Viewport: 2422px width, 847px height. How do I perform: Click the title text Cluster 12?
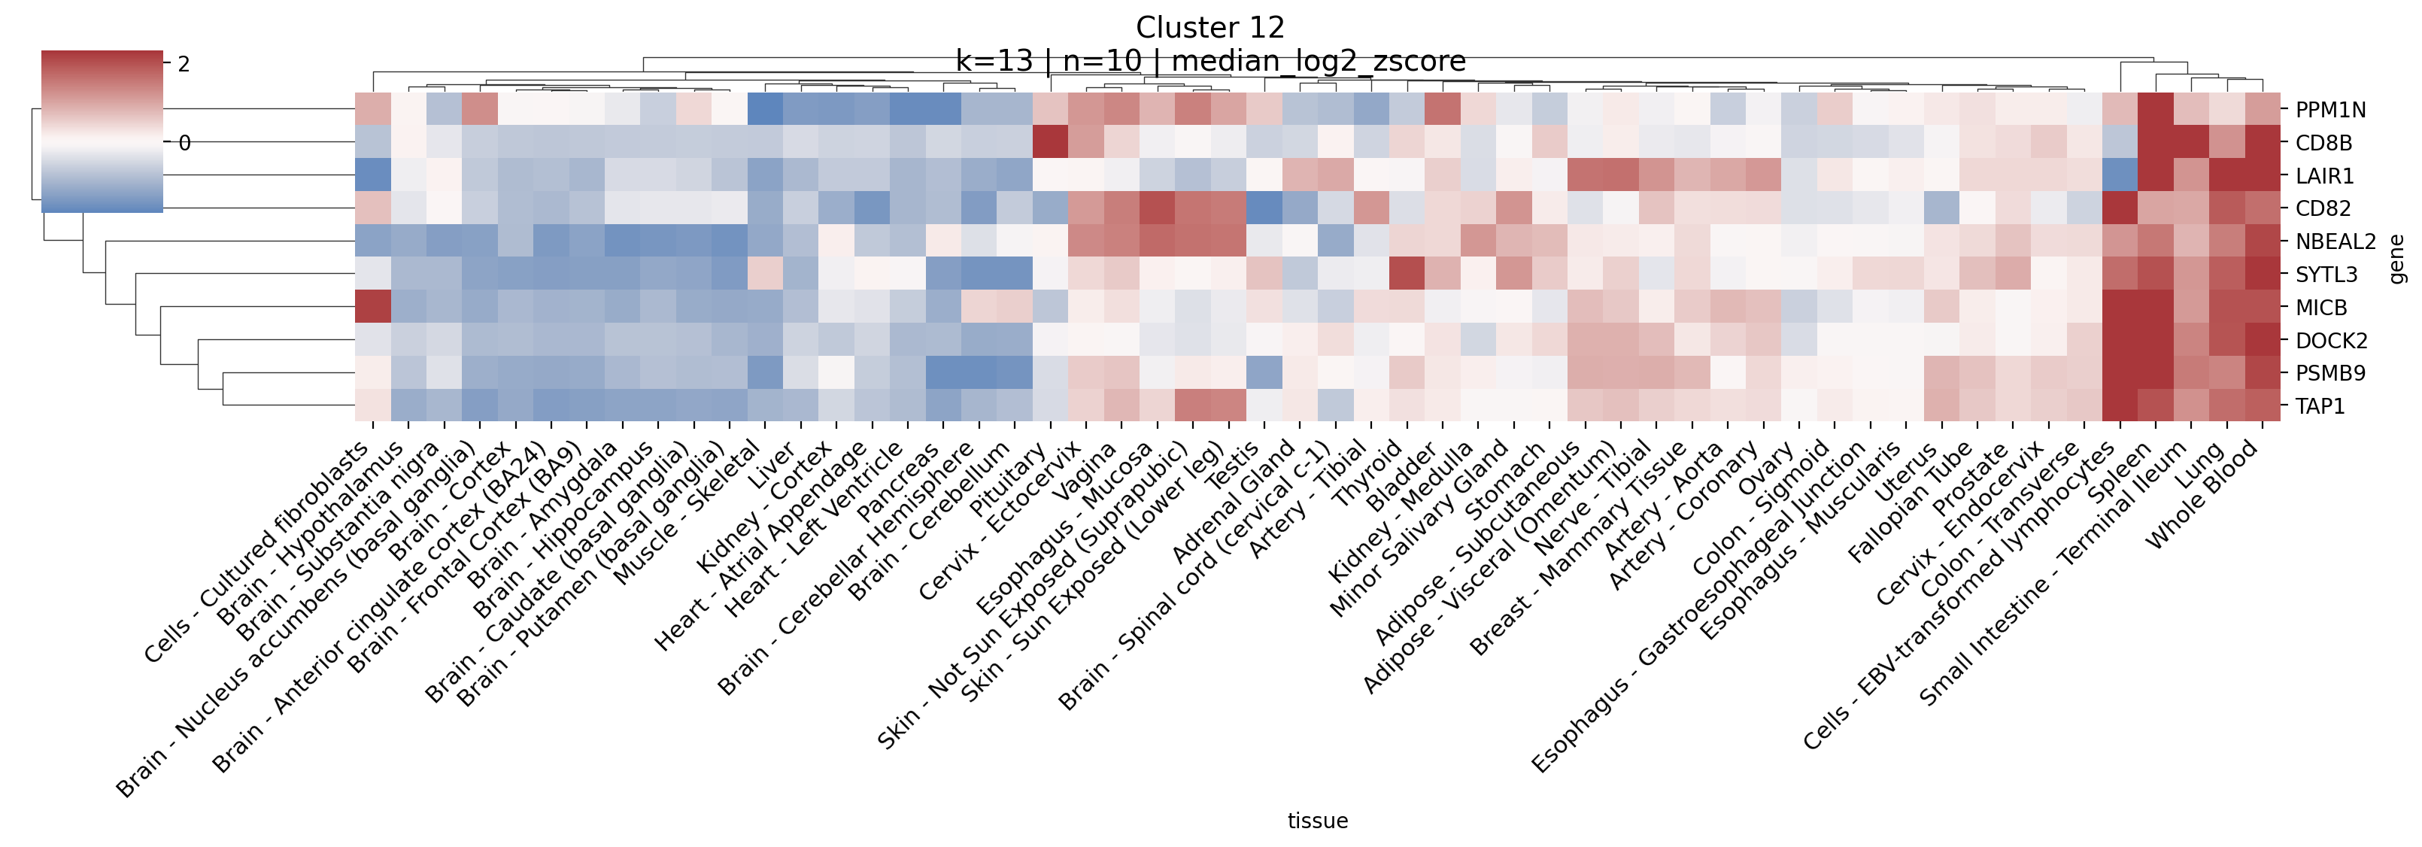1210,27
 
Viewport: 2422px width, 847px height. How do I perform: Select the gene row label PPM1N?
2330,110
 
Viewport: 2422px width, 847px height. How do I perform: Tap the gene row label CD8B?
2323,143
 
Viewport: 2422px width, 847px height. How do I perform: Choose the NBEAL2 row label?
2335,241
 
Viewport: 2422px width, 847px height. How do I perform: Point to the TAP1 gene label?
2320,406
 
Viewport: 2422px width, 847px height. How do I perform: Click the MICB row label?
2320,308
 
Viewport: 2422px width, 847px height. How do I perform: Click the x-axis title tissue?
1317,821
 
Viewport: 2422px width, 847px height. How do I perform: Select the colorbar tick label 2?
184,64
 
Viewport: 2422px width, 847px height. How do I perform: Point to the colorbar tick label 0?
184,143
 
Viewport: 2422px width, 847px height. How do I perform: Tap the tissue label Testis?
1232,466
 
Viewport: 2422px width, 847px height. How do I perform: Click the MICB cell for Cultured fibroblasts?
373,308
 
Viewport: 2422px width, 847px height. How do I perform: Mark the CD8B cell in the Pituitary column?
1050,143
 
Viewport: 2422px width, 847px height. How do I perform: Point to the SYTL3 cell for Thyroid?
1407,275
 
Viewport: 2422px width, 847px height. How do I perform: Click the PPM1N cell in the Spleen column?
2156,110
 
